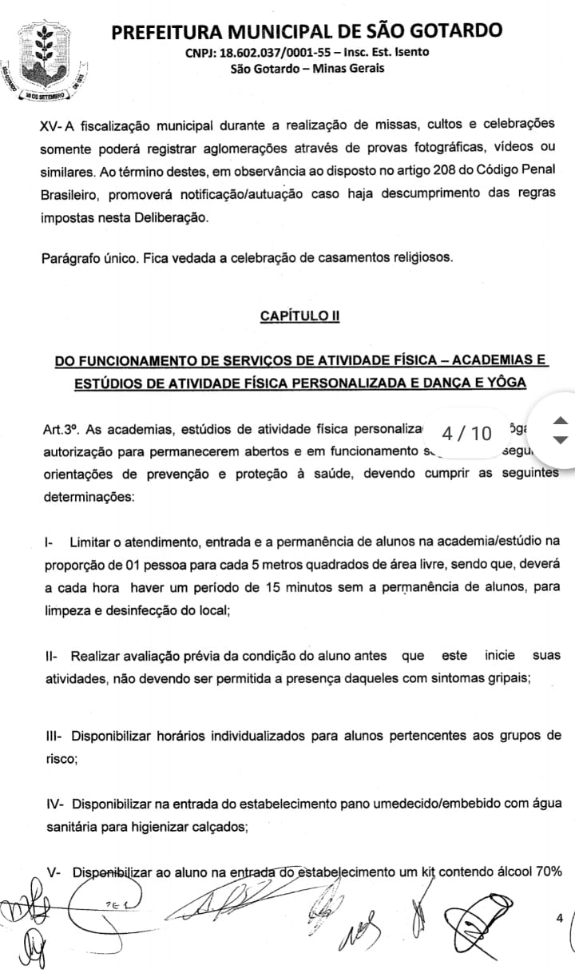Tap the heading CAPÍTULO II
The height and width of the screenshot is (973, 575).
299,316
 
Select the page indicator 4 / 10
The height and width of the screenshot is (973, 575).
466,433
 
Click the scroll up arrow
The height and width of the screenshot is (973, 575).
561,420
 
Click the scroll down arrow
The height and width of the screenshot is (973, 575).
561,439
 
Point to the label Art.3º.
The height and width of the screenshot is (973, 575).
61,429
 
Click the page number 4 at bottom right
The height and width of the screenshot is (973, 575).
559,918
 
